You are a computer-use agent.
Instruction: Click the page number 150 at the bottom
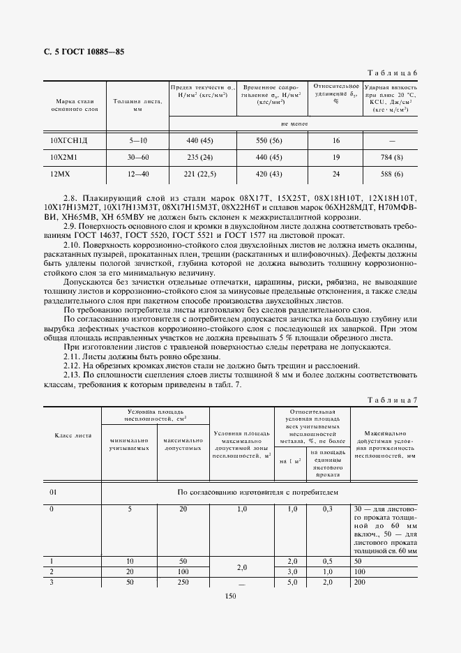(231, 595)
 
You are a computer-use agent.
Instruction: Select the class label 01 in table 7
(53, 491)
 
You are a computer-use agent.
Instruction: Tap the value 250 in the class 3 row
(183, 581)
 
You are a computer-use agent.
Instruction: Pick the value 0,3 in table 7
(326, 509)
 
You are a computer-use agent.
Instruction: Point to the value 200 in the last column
(361, 581)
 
